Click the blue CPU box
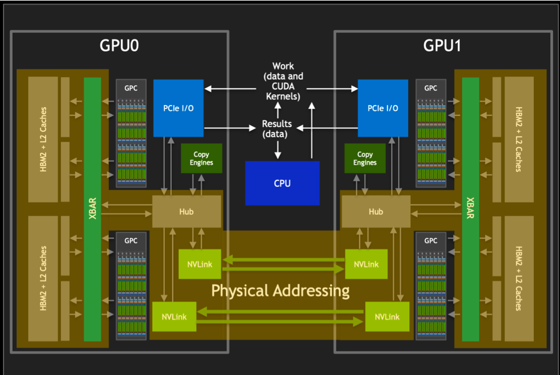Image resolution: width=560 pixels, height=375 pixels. (x=282, y=183)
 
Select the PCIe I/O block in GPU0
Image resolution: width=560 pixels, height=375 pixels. (x=178, y=108)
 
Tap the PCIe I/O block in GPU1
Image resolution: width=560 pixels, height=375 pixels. (x=383, y=108)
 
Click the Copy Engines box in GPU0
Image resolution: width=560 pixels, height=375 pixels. (x=201, y=158)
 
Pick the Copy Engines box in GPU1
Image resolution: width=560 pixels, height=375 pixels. (x=365, y=158)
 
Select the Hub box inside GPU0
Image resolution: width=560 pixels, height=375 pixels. (x=187, y=212)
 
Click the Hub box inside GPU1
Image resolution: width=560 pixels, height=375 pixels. (x=376, y=212)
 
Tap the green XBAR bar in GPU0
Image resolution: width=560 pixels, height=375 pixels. (x=92, y=209)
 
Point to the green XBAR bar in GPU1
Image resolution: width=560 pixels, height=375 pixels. (x=470, y=209)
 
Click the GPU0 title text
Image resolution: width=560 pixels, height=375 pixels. (x=119, y=46)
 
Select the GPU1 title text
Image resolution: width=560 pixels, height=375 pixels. (x=442, y=46)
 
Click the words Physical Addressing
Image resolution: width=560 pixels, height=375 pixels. (x=280, y=291)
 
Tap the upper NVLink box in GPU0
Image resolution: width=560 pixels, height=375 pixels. (x=200, y=264)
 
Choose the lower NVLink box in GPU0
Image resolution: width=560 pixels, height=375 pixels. (x=174, y=317)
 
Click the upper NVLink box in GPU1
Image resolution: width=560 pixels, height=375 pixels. (x=366, y=264)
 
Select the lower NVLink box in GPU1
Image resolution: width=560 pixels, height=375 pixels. (x=387, y=317)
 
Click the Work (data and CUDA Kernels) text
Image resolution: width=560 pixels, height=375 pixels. (x=283, y=81)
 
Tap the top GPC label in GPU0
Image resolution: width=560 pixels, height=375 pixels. (x=131, y=88)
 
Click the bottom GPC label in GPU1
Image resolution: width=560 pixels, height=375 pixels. (x=431, y=240)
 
